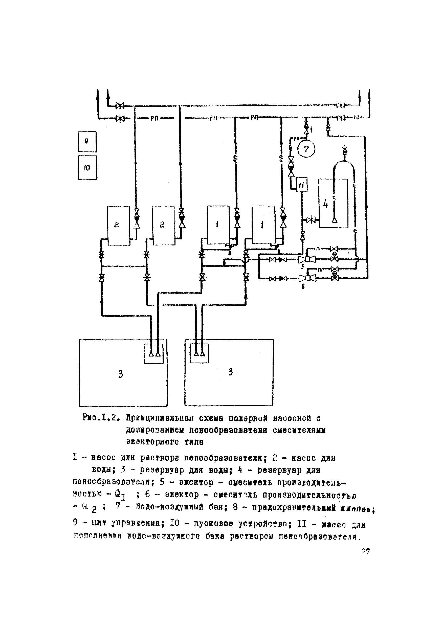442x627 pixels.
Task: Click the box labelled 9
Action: (x=87, y=142)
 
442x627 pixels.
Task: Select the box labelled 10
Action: (x=87, y=168)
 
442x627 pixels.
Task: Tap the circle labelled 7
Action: (x=306, y=149)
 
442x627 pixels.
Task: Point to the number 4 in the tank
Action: (x=325, y=204)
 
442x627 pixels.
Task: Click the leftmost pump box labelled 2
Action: (x=118, y=226)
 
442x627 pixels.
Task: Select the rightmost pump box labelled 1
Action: (x=263, y=225)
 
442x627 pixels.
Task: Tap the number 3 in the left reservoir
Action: (x=120, y=374)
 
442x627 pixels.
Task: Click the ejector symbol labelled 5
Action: (x=307, y=259)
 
